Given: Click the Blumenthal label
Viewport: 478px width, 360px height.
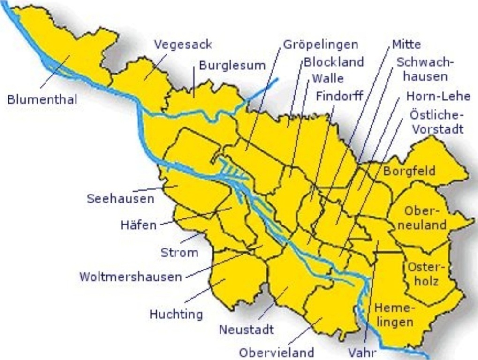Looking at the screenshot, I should (42, 99).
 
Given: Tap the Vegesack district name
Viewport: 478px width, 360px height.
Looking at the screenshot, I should (183, 45).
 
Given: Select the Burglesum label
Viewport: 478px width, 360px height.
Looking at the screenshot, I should (232, 66).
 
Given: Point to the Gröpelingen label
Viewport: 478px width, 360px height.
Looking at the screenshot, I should (320, 45).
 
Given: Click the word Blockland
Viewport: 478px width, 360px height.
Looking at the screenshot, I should (334, 61).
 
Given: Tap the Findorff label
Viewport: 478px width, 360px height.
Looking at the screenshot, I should (339, 96).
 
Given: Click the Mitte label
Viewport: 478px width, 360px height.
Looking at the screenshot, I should (406, 45).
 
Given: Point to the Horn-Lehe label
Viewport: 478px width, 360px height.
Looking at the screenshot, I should (438, 97).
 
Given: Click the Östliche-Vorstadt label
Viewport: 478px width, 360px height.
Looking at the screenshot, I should (437, 121).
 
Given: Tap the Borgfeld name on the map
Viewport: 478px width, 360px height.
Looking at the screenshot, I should (409, 171).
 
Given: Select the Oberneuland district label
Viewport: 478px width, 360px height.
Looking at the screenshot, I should (425, 218).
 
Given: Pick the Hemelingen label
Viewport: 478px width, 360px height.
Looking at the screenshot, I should (394, 315).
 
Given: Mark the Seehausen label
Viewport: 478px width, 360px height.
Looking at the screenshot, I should (121, 199).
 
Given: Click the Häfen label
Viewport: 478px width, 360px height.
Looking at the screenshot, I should (138, 225).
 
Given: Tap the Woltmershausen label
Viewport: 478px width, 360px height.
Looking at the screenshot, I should (130, 277).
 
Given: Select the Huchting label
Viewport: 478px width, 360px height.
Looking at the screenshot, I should (176, 314).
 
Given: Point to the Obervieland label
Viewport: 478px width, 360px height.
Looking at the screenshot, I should (276, 352).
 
